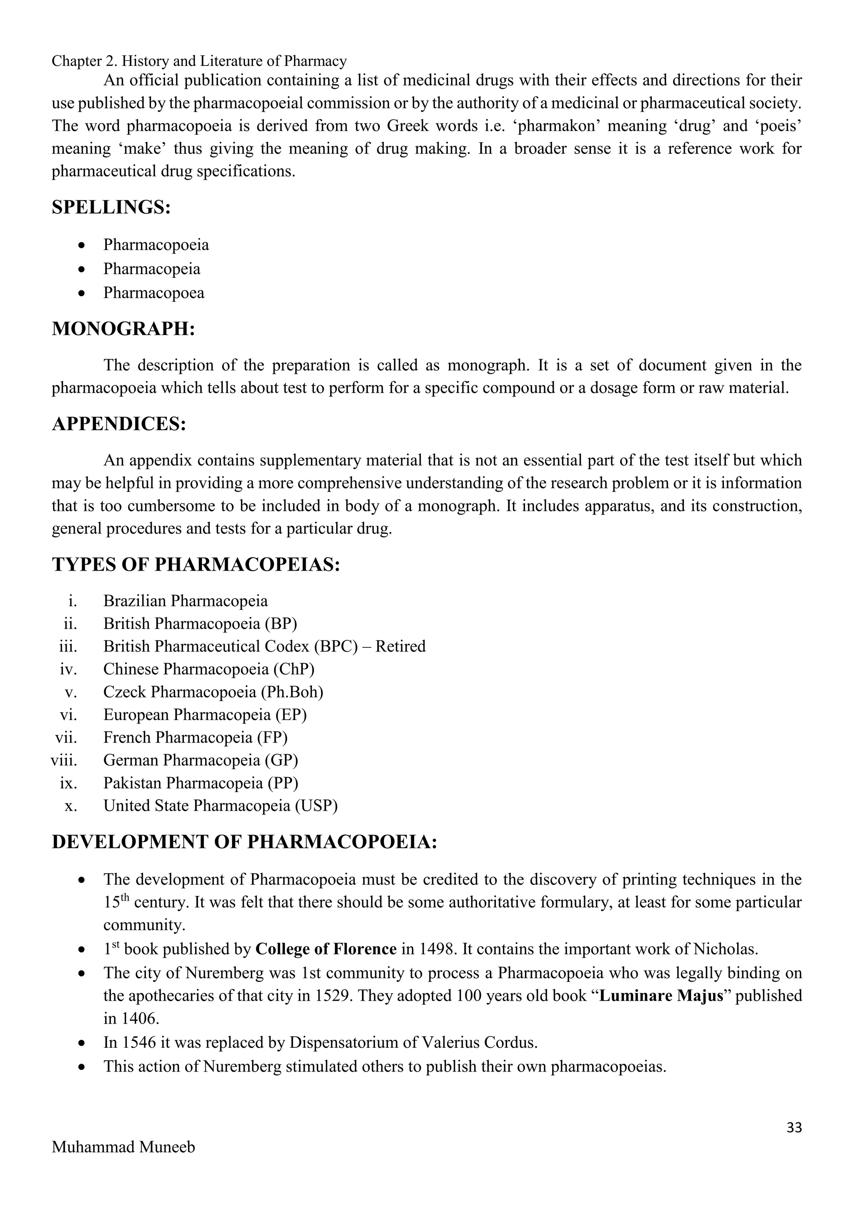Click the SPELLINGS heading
tap(111, 207)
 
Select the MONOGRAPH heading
tap(123, 329)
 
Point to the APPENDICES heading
tap(119, 423)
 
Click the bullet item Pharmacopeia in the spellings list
tap(151, 269)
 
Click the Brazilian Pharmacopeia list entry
tap(185, 601)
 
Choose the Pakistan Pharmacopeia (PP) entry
tap(200, 783)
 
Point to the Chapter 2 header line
tap(199, 62)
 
